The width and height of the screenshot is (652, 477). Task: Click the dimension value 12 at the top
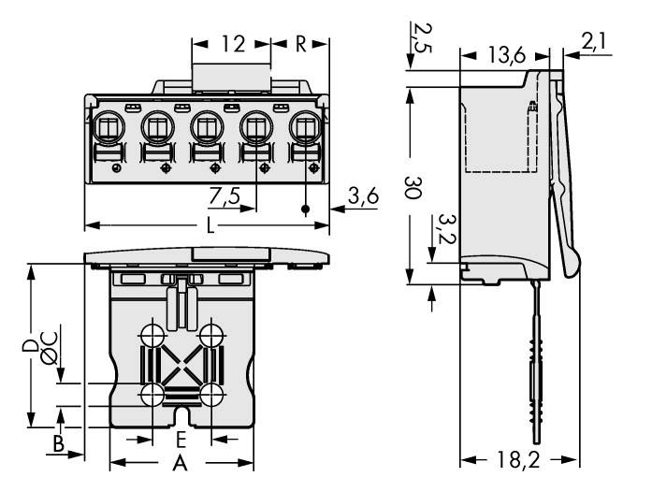233,43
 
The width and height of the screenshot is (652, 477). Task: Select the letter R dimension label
300,43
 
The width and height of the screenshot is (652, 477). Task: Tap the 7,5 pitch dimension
225,197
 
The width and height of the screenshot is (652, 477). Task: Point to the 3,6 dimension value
363,197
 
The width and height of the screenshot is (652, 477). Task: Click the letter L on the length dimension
207,225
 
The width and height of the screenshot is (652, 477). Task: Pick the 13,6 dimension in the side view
505,56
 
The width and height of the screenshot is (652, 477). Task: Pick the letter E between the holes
182,439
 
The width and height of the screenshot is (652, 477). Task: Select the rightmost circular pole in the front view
306,125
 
